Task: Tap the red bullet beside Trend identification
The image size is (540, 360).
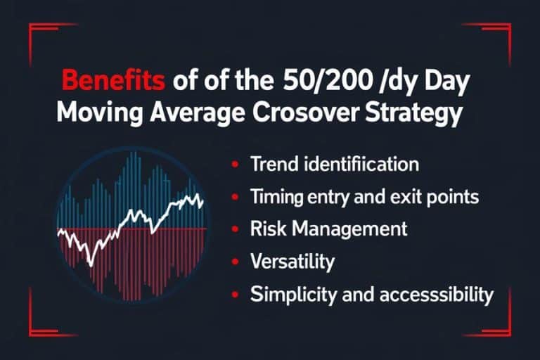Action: click(233, 165)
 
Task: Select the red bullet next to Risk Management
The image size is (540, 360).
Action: click(233, 229)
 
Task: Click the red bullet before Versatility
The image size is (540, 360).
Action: click(233, 262)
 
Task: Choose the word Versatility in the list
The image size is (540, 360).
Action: click(292, 262)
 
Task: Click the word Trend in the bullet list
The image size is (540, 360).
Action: click(271, 165)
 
